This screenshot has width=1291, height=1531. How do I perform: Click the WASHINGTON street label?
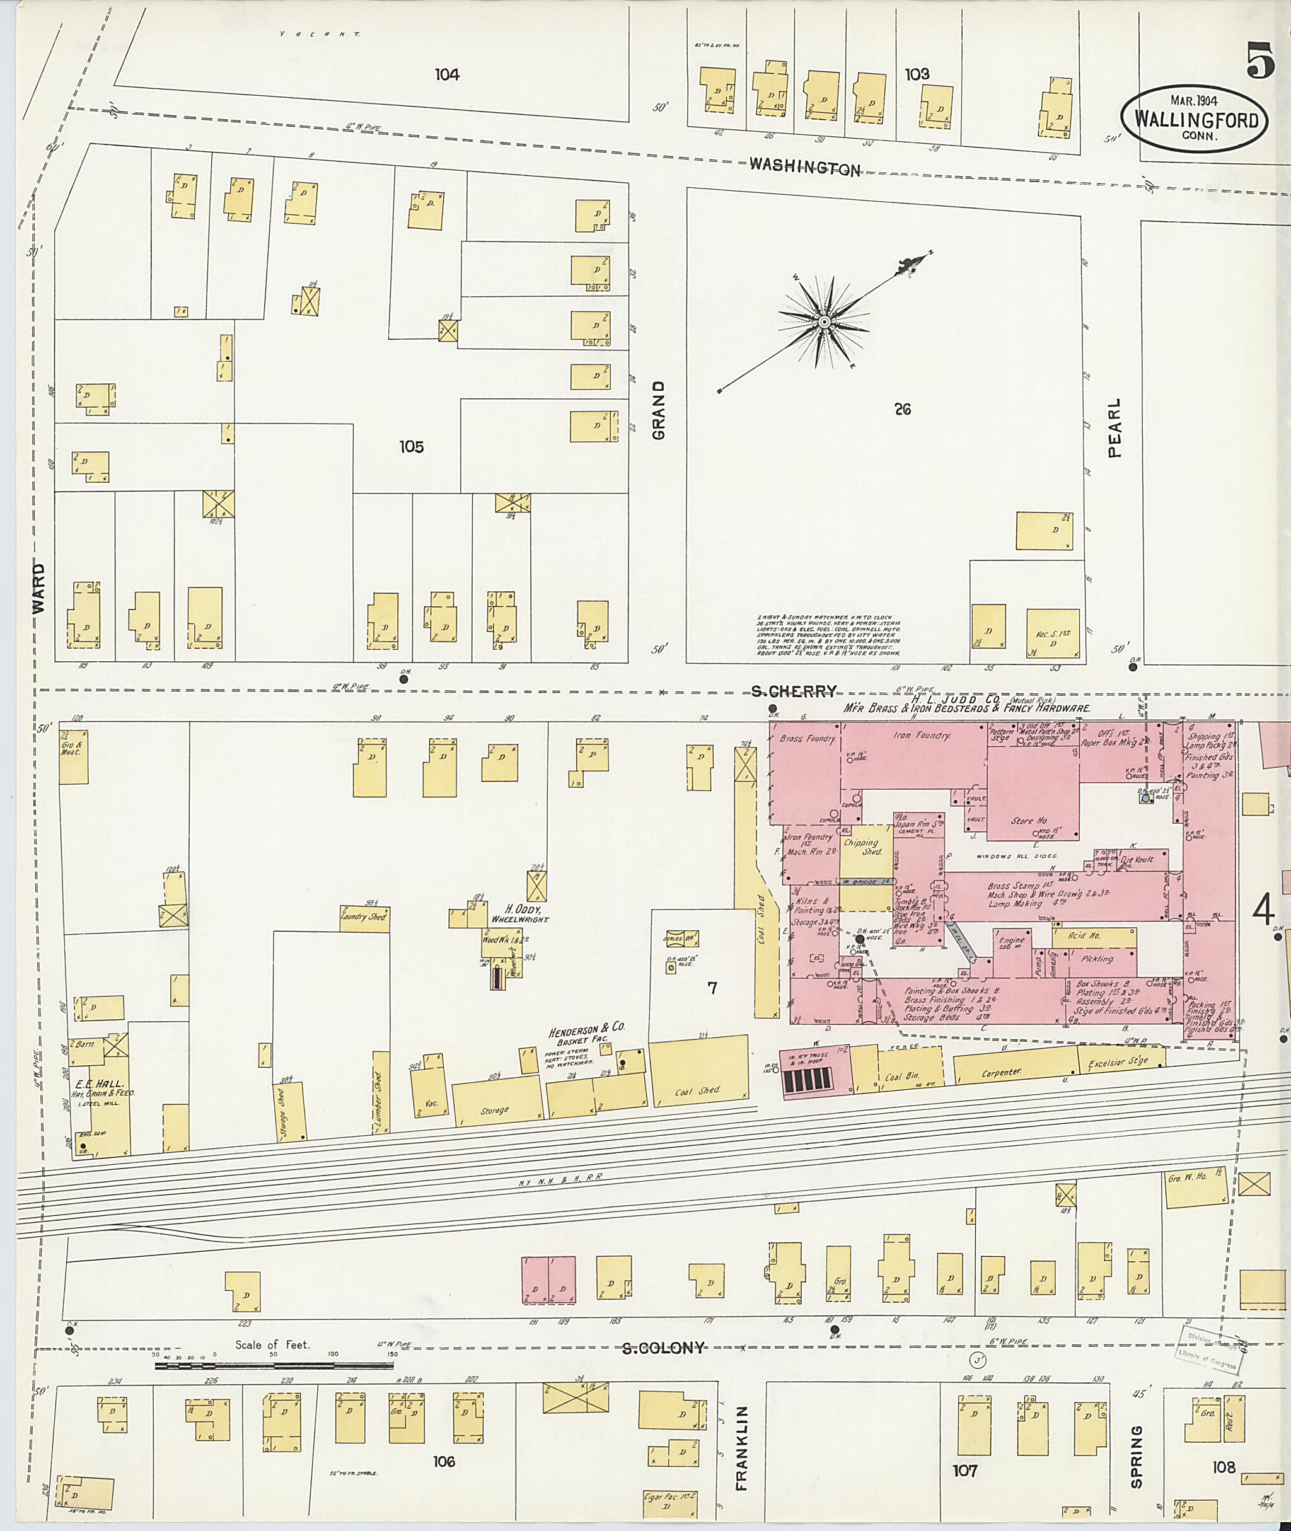[804, 167]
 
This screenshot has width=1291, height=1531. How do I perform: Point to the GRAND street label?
[659, 410]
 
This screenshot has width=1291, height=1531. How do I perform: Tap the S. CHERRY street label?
[794, 691]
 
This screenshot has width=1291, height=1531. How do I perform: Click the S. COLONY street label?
[664, 1348]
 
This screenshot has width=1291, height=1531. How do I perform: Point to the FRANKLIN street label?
[742, 1448]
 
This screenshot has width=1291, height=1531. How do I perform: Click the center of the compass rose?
[825, 322]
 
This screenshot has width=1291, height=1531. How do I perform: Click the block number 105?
[411, 446]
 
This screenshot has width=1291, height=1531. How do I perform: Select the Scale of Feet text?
[272, 1344]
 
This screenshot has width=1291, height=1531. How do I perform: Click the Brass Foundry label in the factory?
[808, 739]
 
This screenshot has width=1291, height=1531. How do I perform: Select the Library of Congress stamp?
[1208, 1348]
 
